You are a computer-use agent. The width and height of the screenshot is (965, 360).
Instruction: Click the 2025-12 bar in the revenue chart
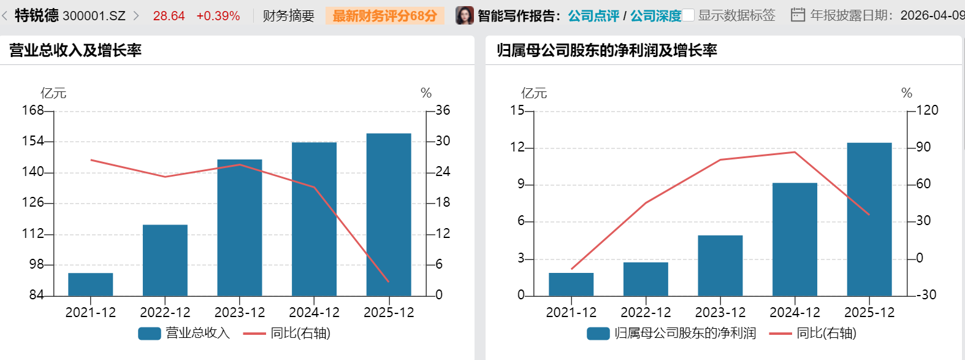(x=389, y=215)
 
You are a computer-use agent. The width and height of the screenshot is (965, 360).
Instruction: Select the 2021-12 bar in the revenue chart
(x=91, y=285)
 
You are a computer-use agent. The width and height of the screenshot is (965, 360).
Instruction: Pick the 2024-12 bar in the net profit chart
(x=795, y=239)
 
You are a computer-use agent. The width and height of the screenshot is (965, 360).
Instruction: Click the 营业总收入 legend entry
(x=184, y=333)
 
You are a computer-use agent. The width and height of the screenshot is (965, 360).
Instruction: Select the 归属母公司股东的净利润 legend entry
(x=671, y=333)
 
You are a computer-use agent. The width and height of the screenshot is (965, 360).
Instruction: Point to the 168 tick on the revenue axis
(x=33, y=110)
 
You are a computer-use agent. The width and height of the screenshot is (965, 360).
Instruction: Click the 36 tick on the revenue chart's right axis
(x=443, y=110)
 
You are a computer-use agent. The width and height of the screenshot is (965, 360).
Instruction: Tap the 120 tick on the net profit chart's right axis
(x=927, y=110)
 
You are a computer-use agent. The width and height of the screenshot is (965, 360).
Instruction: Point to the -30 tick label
(x=926, y=295)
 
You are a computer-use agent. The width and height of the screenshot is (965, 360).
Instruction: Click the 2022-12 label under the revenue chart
(x=165, y=313)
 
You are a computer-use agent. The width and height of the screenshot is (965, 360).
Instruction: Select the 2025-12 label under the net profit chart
(x=869, y=313)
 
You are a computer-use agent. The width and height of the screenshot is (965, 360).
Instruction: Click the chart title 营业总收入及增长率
(x=75, y=50)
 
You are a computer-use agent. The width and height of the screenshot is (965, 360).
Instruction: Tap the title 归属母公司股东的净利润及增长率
(x=607, y=50)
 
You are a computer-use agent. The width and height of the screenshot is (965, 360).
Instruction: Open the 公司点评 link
(x=593, y=16)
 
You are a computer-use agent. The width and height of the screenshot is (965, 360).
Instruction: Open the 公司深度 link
(x=655, y=16)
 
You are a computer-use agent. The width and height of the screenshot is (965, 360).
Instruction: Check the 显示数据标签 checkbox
(x=688, y=15)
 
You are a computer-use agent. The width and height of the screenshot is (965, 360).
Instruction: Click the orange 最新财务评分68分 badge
(x=385, y=16)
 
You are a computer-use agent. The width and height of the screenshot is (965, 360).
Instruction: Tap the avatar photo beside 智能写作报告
(x=465, y=15)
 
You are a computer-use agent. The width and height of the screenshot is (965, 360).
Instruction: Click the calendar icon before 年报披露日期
(x=798, y=15)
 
